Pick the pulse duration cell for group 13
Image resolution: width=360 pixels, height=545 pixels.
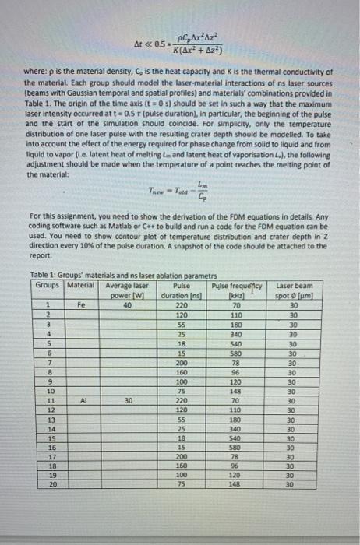[181, 419]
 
